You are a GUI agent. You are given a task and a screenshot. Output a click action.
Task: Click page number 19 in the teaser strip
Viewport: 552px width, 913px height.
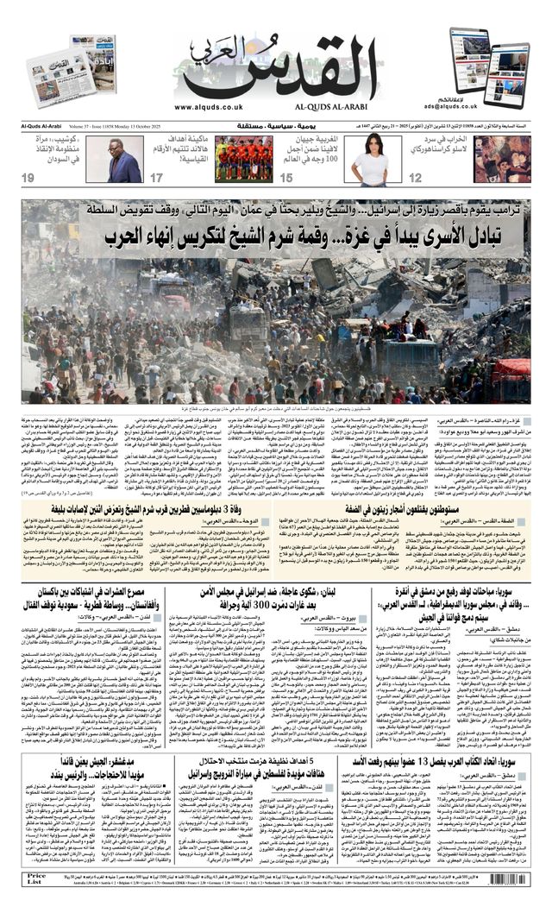click(x=28, y=178)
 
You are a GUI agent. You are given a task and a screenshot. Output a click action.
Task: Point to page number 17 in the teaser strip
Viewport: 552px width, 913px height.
click(x=157, y=178)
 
